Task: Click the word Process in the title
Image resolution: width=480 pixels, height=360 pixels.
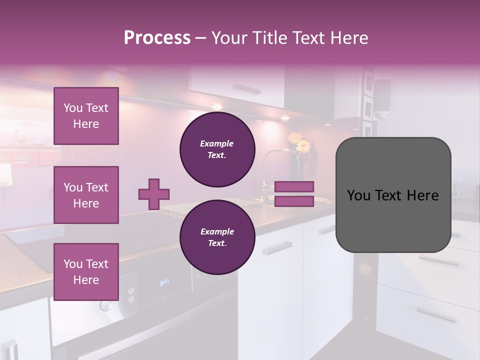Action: (157, 38)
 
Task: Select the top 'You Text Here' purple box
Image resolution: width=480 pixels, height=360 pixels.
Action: (86, 116)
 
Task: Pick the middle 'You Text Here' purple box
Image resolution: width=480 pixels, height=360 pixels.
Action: (86, 195)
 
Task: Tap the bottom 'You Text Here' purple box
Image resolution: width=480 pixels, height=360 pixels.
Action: (86, 271)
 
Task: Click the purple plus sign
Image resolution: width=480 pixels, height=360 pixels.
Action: (154, 194)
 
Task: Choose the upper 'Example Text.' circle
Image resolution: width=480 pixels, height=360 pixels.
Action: (217, 149)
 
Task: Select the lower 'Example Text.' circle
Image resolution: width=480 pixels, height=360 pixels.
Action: (217, 237)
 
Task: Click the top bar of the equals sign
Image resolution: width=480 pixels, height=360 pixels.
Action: (294, 186)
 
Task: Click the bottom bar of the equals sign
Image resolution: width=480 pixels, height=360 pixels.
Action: (294, 201)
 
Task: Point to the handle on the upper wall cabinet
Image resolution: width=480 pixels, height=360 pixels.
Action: (246, 89)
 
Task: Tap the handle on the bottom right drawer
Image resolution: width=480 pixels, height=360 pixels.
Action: (436, 314)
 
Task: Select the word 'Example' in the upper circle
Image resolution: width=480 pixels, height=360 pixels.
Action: (217, 143)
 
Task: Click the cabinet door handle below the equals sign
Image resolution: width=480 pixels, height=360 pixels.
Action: (277, 248)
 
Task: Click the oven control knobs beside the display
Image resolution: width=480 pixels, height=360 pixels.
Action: (131, 294)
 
